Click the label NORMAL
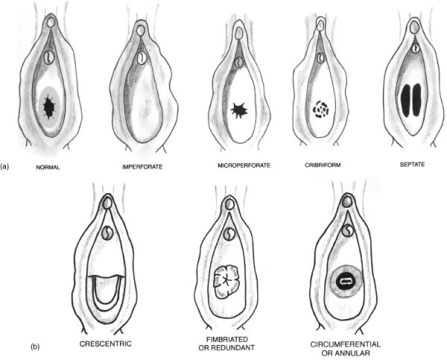coord(48,167)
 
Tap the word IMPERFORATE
coord(142,167)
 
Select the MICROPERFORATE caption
coord(244,165)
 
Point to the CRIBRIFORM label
coord(323,165)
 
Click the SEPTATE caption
coord(412,164)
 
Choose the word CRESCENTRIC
coord(106,344)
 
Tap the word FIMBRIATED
coord(227,339)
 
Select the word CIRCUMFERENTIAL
coord(345,344)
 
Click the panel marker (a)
coord(5,166)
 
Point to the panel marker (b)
coord(35,347)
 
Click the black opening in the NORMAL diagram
coord(49,107)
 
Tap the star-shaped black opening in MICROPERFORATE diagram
coord(239,110)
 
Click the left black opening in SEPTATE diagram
coord(405,100)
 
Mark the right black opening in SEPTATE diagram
coord(416,100)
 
